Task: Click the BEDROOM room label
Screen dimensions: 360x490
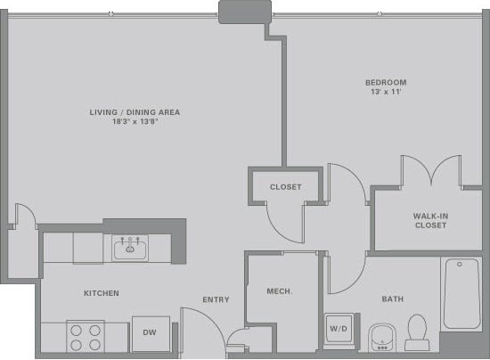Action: pos(388,81)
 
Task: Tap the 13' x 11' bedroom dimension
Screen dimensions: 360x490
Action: pos(388,92)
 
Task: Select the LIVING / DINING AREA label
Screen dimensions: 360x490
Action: pos(135,111)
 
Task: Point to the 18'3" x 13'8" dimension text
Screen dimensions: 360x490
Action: pos(135,121)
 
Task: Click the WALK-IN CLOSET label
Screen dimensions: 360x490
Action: pos(429,220)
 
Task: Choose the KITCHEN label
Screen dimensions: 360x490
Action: pos(101,293)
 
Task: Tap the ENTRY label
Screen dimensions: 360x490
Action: pos(216,299)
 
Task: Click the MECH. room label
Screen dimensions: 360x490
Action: pos(280,291)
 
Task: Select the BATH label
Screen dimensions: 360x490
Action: pos(393,299)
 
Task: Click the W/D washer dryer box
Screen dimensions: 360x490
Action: pos(339,329)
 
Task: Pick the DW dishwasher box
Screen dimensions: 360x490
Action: pos(150,332)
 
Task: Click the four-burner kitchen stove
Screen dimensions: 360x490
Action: pos(85,336)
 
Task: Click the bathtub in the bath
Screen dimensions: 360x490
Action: pos(462,294)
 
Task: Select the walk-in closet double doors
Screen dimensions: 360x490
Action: pos(430,172)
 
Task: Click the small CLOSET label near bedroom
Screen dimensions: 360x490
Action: pos(286,187)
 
